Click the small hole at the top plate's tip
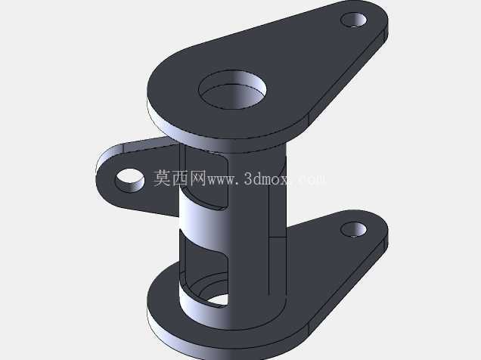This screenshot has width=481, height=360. pos(354,20)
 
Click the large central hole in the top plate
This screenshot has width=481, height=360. pos(232,89)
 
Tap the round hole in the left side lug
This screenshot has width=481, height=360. pos(129,181)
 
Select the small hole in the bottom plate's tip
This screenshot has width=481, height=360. pos(354,230)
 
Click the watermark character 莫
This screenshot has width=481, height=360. pos(162,178)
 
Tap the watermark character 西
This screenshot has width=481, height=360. pos(180,178)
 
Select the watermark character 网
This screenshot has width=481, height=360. pos(197,178)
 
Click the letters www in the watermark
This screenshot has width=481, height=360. pos(222,180)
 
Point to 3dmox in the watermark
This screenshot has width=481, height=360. pos(268,178)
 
